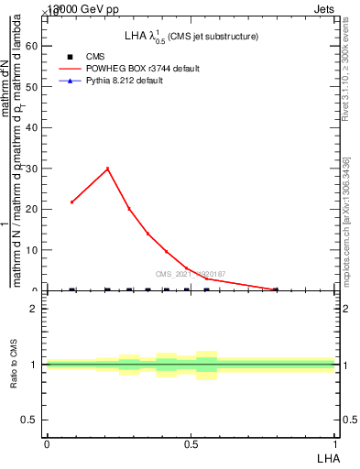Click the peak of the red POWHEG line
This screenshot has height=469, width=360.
point(108,169)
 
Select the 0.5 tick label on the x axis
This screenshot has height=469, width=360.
point(191,444)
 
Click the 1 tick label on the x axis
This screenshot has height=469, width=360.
point(335,444)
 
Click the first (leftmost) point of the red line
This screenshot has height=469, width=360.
point(72,202)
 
